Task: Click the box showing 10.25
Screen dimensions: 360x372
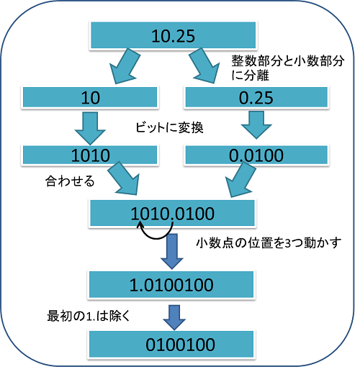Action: click(x=173, y=35)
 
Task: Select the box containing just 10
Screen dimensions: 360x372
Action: click(x=90, y=97)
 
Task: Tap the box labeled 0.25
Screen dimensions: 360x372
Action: click(x=256, y=97)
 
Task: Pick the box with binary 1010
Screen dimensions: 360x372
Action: click(x=90, y=155)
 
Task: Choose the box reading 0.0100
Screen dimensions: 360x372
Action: click(x=256, y=155)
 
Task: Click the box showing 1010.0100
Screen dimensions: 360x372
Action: click(x=172, y=213)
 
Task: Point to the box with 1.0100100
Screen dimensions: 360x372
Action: click(x=171, y=285)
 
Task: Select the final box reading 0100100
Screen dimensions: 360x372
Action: click(x=171, y=344)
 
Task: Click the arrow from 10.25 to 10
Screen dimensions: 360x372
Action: click(x=124, y=66)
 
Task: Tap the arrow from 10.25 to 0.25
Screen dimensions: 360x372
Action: click(x=204, y=65)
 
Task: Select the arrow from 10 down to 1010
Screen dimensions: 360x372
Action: click(x=90, y=128)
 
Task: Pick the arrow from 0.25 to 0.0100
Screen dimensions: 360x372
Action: click(x=256, y=124)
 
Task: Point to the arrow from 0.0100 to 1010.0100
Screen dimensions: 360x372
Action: click(x=240, y=179)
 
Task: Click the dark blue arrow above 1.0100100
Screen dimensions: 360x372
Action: click(x=172, y=251)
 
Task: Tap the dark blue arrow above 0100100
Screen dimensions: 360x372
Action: click(x=174, y=317)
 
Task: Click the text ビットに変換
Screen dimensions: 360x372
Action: click(x=169, y=127)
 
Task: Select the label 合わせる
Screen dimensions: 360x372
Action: click(x=70, y=181)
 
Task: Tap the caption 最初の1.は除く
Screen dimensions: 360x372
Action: click(x=89, y=316)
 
